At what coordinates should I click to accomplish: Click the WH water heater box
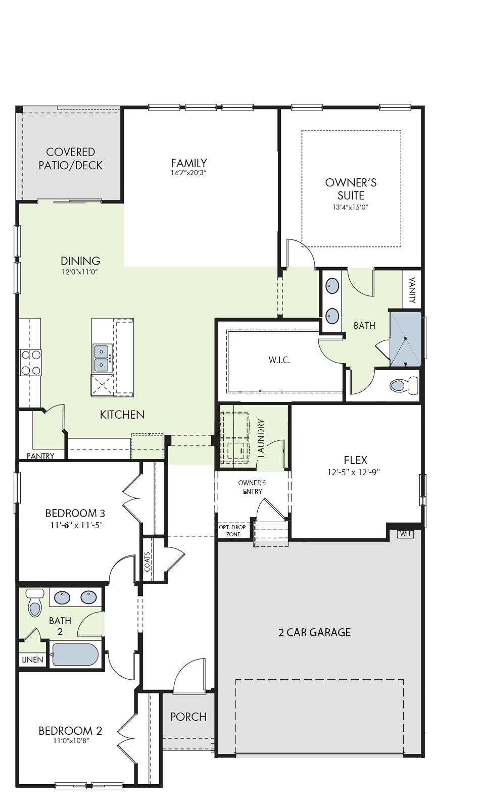[x=405, y=534]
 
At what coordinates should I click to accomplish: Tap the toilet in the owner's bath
[x=404, y=385]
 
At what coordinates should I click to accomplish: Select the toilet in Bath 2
[x=35, y=602]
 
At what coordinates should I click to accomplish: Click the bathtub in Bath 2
[x=75, y=654]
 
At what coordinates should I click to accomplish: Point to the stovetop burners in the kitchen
[x=30, y=363]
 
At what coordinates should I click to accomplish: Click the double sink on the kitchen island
[x=102, y=358]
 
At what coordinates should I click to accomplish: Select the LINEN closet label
[x=32, y=660]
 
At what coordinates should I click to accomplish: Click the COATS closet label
[x=147, y=562]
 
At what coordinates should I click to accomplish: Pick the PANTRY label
[x=40, y=456]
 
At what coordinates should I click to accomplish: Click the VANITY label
[x=413, y=290]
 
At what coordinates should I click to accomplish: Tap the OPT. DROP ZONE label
[x=232, y=531]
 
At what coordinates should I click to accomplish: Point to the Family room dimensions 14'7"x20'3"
[x=189, y=173]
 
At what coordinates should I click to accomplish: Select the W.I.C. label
[x=279, y=360]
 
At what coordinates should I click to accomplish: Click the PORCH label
[x=188, y=717]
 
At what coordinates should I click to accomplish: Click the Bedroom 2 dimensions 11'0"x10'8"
[x=70, y=740]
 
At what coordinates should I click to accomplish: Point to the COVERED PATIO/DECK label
[x=70, y=159]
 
